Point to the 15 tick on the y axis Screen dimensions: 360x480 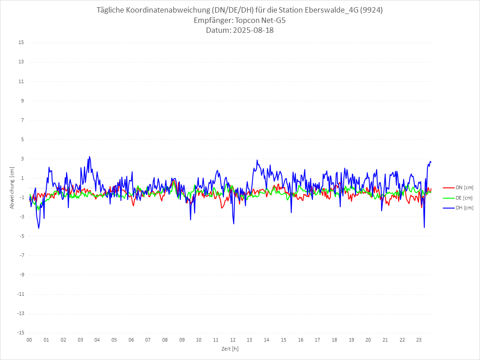pyautogui.click(x=21, y=43)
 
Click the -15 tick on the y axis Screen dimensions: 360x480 pyautogui.click(x=20, y=333)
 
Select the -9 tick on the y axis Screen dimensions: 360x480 pyautogui.click(x=21, y=275)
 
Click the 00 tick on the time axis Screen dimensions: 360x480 pyautogui.click(x=29, y=340)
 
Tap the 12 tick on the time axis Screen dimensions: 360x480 pyautogui.click(x=233, y=340)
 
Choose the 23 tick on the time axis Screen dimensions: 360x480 pyautogui.click(x=419, y=340)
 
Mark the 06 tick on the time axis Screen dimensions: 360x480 pyautogui.click(x=131, y=340)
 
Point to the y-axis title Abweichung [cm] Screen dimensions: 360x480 pyautogui.click(x=12, y=187)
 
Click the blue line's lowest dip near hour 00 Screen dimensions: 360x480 pyautogui.click(x=39, y=228)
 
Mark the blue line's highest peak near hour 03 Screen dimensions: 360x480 pyautogui.click(x=89, y=156)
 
